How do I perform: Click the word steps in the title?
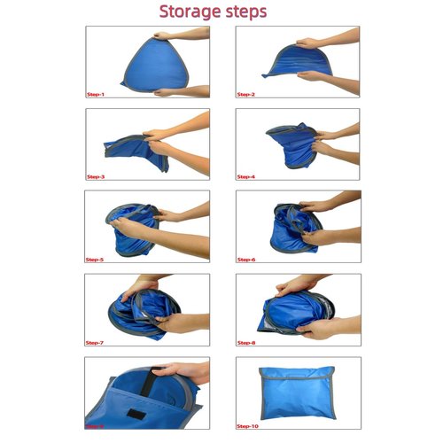[x=253, y=13]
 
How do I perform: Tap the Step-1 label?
[x=96, y=93]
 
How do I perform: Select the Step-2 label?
[x=245, y=93]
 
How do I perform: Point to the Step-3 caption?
[x=96, y=176]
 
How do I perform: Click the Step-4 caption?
[x=245, y=176]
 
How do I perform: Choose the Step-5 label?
[x=96, y=260]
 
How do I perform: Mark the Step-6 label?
[x=245, y=260]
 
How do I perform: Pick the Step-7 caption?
[x=96, y=342]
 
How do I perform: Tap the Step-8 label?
[x=245, y=342]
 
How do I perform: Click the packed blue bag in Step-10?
[x=296, y=392]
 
